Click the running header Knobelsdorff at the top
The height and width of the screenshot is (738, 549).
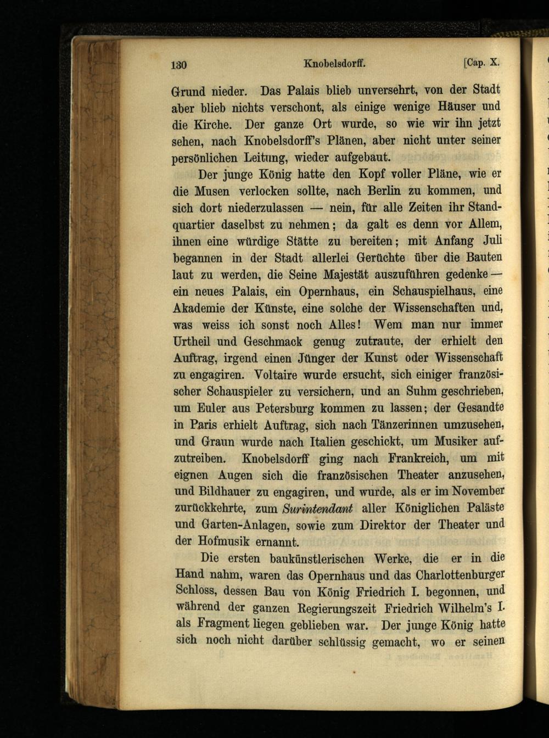334,64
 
